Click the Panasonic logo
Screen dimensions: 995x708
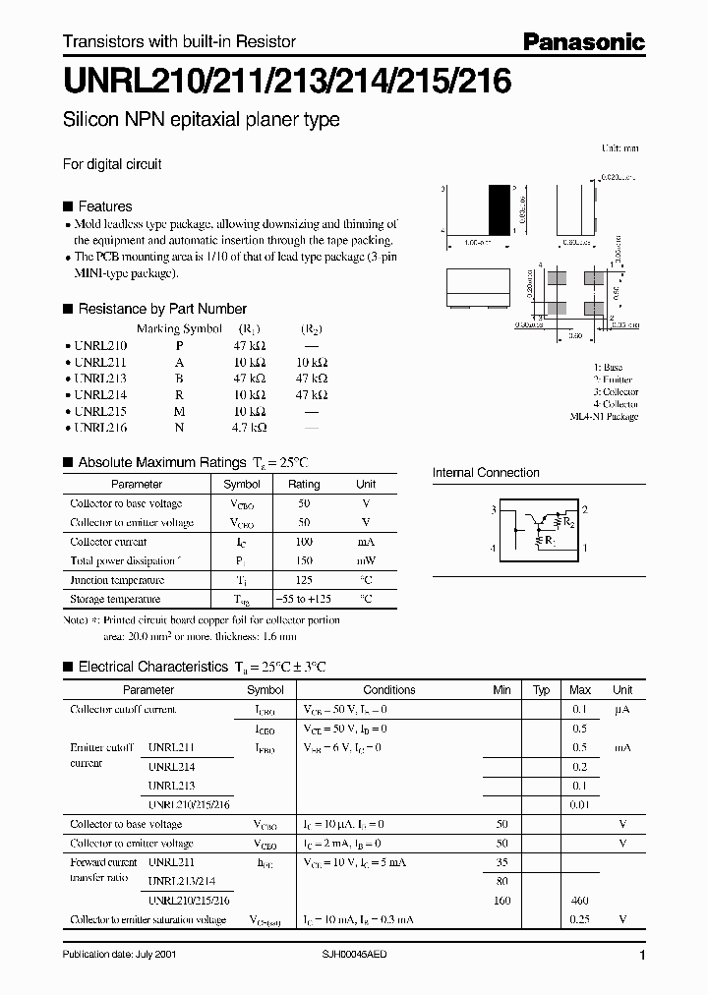pyautogui.click(x=582, y=41)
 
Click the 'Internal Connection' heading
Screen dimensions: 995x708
pyautogui.click(x=486, y=473)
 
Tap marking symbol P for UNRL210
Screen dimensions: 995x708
pyautogui.click(x=179, y=345)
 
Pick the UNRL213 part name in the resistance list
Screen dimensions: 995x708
pyautogui.click(x=100, y=379)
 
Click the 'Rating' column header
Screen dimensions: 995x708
pyautogui.click(x=304, y=484)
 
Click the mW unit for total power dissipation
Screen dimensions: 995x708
pyautogui.click(x=365, y=560)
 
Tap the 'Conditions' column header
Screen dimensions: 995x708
pyautogui.click(x=389, y=690)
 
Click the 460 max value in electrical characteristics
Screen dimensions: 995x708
pyautogui.click(x=579, y=901)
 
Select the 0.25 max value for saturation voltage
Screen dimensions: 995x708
pyautogui.click(x=579, y=920)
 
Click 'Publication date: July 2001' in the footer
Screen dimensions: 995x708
pyautogui.click(x=120, y=955)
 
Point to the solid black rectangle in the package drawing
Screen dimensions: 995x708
pyautogui.click(x=501, y=207)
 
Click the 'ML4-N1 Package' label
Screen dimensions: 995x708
pyautogui.click(x=604, y=417)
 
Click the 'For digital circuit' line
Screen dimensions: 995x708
pyautogui.click(x=112, y=164)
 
